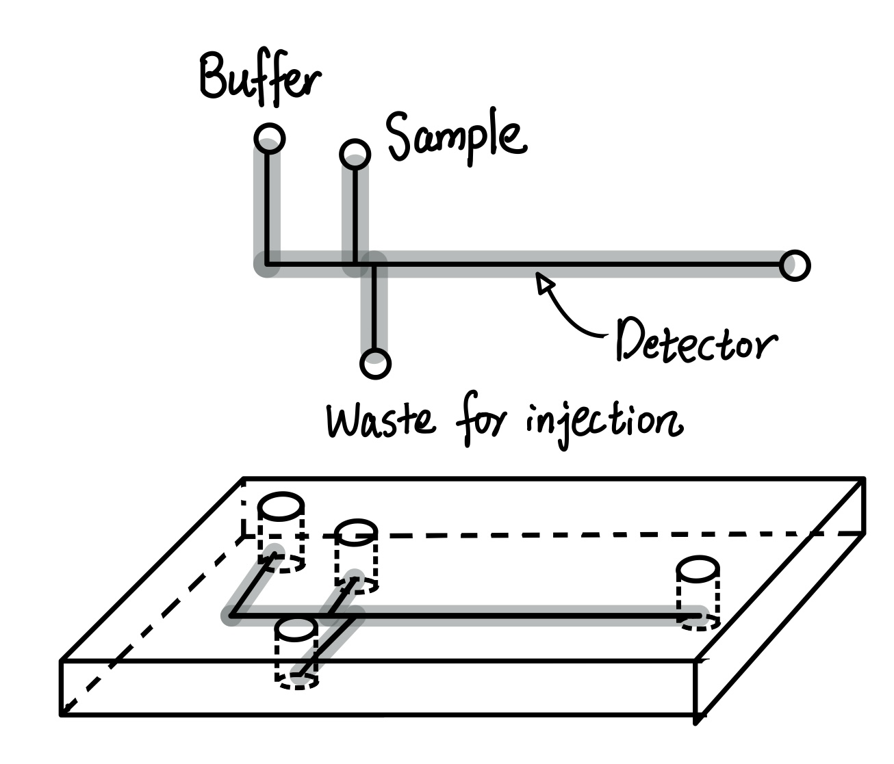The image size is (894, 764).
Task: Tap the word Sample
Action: point(456,137)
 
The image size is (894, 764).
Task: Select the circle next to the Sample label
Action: point(355,154)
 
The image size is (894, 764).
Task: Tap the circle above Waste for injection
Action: point(374,363)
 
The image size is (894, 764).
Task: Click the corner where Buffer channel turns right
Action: point(267,264)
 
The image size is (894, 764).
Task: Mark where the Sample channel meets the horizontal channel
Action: point(355,264)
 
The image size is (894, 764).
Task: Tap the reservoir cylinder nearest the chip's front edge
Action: point(296,650)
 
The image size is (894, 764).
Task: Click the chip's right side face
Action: point(780,616)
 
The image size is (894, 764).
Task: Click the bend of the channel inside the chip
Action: point(231,616)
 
